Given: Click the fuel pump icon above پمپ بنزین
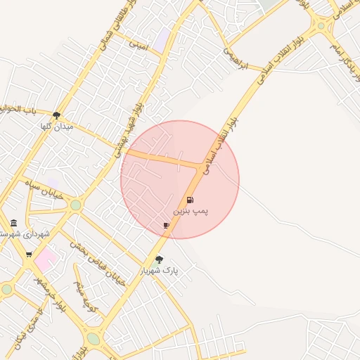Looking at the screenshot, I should (x=190, y=200).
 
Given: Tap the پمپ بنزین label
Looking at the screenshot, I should (x=191, y=211).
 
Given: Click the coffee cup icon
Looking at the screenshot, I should (x=166, y=225).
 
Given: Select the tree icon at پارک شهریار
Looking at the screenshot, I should (x=159, y=259).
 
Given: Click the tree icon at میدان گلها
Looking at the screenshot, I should (x=57, y=115).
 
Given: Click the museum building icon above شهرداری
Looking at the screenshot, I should (x=14, y=224).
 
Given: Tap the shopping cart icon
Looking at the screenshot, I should (x=29, y=255).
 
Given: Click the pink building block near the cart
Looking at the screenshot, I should (x=45, y=259).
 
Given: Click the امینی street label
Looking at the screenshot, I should (x=139, y=44).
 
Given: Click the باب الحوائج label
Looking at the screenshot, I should (x=17, y=110).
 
